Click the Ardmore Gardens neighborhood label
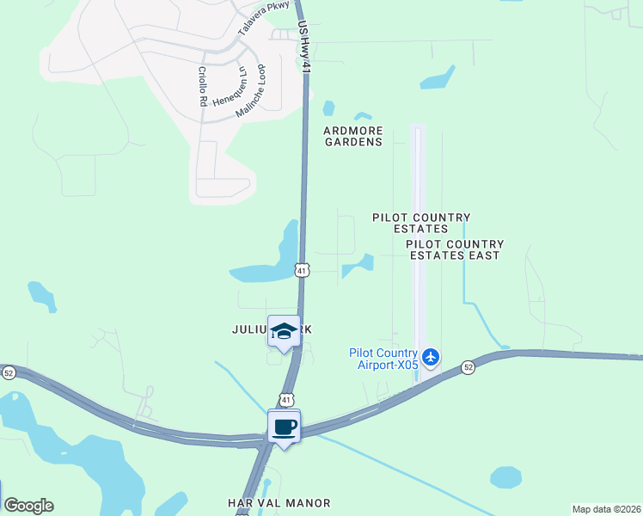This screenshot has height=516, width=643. [352, 137]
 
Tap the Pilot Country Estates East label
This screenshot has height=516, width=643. [455, 249]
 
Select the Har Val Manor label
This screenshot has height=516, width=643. [279, 502]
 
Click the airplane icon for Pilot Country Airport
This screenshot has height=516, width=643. [431, 355]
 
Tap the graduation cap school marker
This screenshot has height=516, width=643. [285, 331]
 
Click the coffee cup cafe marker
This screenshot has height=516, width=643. [285, 426]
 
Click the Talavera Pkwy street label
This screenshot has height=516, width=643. [264, 18]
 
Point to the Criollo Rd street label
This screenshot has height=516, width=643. [203, 86]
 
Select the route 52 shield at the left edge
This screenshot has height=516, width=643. [9, 372]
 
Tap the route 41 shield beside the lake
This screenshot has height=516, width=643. [301, 270]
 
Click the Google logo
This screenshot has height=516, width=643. [28, 506]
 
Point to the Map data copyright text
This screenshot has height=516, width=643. [606, 509]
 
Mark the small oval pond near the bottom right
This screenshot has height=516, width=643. [505, 476]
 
